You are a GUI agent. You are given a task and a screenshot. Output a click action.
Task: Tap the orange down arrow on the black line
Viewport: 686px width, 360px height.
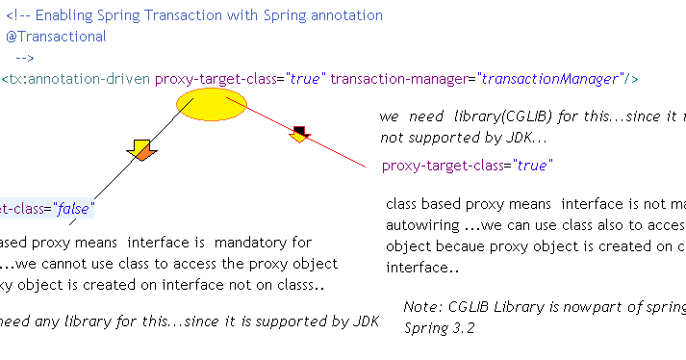pos(141,149)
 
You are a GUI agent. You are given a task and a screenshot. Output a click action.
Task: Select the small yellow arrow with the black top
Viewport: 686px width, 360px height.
pos(299,134)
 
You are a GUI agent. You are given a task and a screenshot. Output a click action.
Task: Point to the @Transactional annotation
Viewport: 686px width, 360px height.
pos(56,37)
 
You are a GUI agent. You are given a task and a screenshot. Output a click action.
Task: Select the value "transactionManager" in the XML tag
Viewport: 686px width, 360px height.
pos(550,78)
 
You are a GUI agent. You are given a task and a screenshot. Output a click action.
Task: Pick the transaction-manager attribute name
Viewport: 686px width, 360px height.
pos(397,78)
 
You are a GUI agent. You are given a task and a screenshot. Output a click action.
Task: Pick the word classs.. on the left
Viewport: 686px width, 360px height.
pos(294,285)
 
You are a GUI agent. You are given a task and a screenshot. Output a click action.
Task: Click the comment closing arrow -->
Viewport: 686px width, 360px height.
pos(25,58)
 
